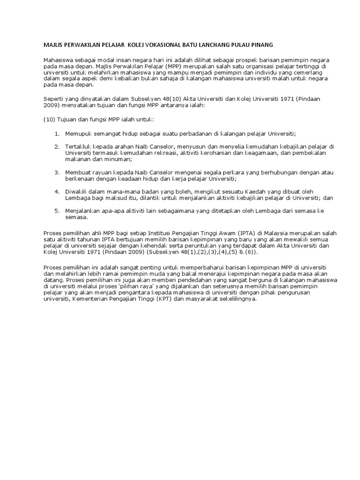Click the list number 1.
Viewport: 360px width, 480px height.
click(57, 134)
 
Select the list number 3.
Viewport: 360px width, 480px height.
click(57, 172)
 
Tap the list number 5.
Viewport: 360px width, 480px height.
click(57, 211)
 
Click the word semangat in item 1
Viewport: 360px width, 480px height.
click(104, 134)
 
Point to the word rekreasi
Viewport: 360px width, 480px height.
click(176, 153)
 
